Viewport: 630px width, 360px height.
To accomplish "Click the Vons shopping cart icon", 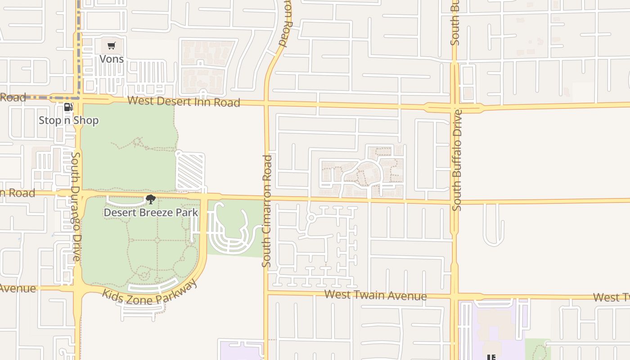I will [x=111, y=45].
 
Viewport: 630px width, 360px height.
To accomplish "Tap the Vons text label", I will [x=111, y=59].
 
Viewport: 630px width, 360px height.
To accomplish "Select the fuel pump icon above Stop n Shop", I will [x=68, y=107].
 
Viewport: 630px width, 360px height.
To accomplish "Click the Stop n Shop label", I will [x=68, y=121].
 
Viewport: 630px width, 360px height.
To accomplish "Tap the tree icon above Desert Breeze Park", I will [x=151, y=199].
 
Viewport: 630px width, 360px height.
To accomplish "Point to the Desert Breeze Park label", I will [x=151, y=212].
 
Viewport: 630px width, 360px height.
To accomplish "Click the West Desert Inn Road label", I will [x=184, y=101].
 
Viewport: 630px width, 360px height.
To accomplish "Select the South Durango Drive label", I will [x=76, y=207].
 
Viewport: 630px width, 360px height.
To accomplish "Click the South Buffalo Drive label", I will [x=457, y=160].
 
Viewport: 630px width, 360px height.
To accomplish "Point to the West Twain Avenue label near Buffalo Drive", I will [x=375, y=295].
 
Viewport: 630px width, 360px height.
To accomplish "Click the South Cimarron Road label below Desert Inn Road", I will [x=267, y=211].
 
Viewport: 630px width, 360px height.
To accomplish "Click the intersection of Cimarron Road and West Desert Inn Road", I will [x=266, y=104].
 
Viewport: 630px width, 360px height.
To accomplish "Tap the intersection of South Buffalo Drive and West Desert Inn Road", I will [x=454, y=108].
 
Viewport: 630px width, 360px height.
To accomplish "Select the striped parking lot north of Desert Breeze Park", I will [x=190, y=172].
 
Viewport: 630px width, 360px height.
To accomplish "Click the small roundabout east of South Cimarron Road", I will [x=310, y=218].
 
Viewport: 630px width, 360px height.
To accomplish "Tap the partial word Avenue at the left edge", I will [x=18, y=288].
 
